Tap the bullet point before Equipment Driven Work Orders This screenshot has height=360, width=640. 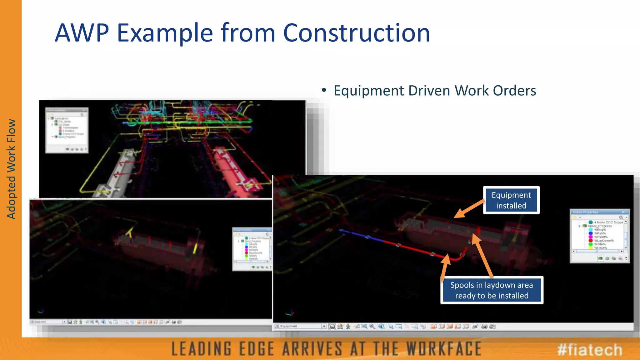324,90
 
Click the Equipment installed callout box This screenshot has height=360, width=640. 511,200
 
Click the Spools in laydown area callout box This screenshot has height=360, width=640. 492,290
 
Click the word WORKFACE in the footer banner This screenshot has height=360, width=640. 444,349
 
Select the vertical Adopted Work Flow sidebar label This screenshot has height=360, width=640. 11,169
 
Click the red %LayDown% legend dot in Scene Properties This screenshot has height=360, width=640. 591,241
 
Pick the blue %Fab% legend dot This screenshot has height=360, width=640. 591,233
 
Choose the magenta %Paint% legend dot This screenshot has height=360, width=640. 591,237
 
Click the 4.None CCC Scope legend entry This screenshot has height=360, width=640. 608,222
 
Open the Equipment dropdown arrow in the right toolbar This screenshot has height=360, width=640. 324,326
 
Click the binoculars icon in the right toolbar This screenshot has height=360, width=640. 484,327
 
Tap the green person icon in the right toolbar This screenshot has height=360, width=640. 348,326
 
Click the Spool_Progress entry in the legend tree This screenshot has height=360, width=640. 600,226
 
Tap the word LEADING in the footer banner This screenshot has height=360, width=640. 202,349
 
